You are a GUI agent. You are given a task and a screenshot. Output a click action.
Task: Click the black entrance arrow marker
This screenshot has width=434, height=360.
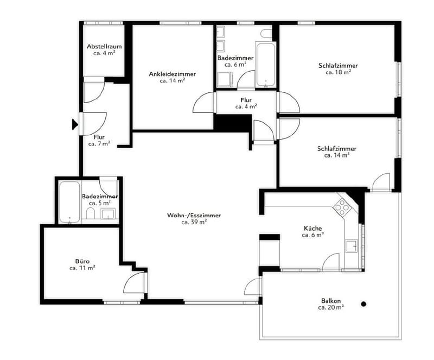click(x=75, y=124)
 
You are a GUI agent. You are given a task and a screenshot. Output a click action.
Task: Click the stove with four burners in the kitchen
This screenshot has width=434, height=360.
click(x=342, y=207)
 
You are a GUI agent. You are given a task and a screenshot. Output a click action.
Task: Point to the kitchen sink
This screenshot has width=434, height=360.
click(x=352, y=245)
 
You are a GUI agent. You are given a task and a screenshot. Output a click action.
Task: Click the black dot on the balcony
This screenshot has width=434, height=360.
click(x=363, y=304)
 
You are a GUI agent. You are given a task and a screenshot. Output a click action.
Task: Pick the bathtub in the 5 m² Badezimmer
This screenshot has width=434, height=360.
click(x=69, y=202)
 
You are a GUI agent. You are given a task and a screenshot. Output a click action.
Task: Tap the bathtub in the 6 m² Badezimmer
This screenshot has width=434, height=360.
click(x=266, y=64)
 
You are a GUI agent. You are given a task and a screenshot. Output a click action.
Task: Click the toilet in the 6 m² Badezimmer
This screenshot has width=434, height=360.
click(x=266, y=33)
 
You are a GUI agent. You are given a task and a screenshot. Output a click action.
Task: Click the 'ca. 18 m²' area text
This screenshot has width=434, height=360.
click(x=338, y=72)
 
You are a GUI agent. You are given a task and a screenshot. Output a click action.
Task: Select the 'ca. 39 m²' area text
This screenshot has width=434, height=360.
click(x=194, y=222)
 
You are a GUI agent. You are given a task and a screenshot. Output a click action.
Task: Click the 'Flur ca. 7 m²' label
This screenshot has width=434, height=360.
click(x=99, y=140)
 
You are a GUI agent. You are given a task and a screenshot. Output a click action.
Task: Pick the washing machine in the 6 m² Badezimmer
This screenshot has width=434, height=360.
click(x=225, y=80)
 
